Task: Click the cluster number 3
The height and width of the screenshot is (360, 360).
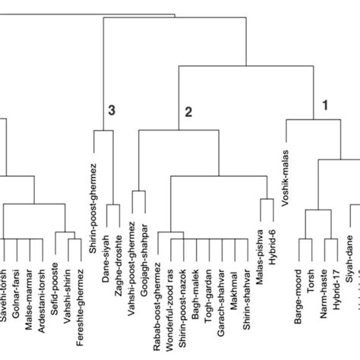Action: (112, 111)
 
